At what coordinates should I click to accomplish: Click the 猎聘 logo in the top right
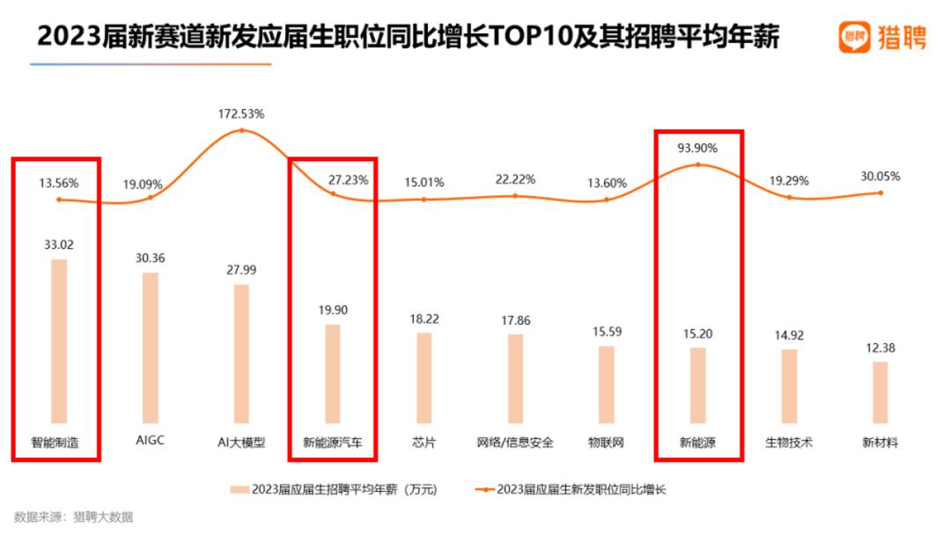coord(881,37)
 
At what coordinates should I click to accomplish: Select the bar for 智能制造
coord(59,341)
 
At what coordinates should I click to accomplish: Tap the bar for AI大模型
coord(241,353)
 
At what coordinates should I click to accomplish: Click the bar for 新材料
coord(880,392)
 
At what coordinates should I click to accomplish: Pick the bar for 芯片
coord(424,377)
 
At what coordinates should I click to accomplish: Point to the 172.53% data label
coord(241,114)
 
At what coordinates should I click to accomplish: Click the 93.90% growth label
coord(698,148)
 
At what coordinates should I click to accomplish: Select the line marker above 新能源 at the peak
coord(698,165)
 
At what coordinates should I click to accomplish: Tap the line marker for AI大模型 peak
coord(241,130)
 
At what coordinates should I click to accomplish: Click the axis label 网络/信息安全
coord(515,443)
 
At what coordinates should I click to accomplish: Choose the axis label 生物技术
coord(789,443)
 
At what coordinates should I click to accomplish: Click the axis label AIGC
coord(151,443)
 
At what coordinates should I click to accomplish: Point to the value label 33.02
coord(59,244)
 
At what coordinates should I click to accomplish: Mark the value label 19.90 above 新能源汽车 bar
coord(333,310)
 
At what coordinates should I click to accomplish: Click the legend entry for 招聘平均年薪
coord(334,489)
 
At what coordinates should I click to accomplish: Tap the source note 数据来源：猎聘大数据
coord(74,517)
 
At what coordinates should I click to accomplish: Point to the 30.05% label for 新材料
coord(881,176)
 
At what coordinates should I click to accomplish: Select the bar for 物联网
coord(607,385)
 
